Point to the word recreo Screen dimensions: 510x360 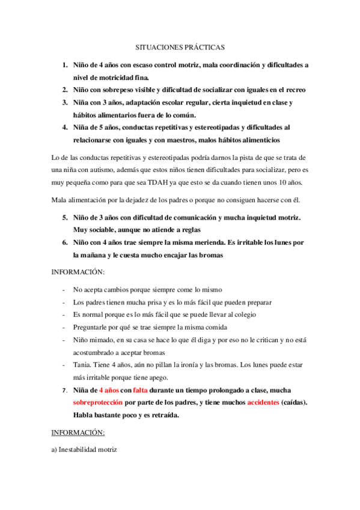[x=294, y=90]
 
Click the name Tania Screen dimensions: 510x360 [x=83, y=366]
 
